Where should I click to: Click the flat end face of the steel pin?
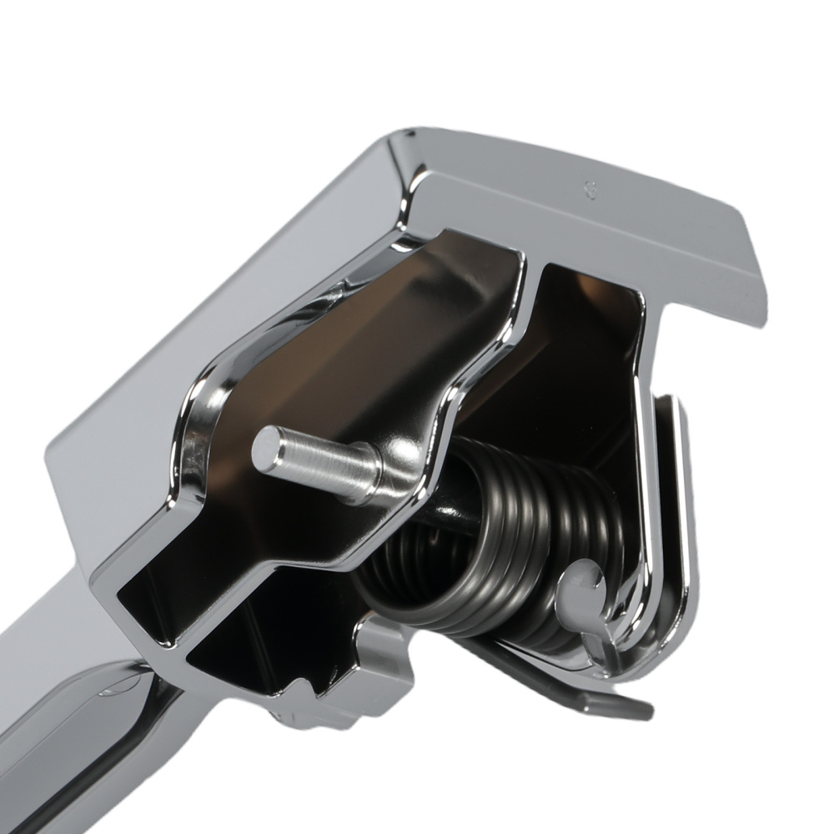click(269, 450)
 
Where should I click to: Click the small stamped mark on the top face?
click(589, 189)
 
